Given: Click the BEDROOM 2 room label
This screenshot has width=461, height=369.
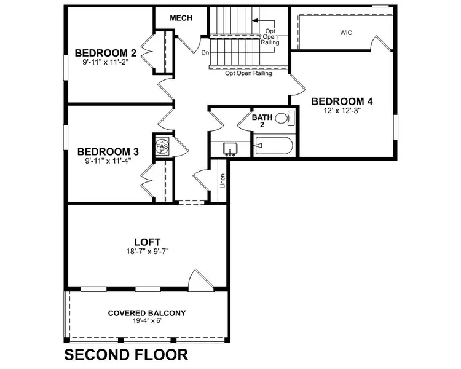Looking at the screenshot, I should coord(105,52).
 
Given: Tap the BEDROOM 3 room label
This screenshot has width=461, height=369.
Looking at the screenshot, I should coord(108,151).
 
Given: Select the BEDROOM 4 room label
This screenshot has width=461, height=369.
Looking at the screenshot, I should coord(341,101).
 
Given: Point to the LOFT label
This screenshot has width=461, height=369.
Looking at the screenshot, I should coord(147,242).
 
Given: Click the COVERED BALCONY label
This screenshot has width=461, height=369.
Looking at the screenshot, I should coord(146,312).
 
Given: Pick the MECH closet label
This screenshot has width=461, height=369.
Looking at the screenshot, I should coord(181,18).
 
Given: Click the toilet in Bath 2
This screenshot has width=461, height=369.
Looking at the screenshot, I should coord(282,118).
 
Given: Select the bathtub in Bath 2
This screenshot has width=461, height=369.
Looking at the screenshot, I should coord(275,146).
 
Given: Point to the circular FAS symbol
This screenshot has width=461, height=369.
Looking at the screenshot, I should coord(162,146).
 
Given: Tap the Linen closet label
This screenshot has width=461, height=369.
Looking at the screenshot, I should coord(223,181).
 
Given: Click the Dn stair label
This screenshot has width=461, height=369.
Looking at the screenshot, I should coord(205,53).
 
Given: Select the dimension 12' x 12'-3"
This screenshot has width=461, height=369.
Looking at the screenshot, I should coord(341,111).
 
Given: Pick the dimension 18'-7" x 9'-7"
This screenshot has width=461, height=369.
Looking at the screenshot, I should coord(147,252).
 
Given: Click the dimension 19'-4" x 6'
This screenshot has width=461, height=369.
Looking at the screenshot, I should coord(146,321).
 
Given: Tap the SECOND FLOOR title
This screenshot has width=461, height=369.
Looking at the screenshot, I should coord(125,355).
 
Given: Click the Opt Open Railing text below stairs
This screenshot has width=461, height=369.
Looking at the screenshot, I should coord(248,73).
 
